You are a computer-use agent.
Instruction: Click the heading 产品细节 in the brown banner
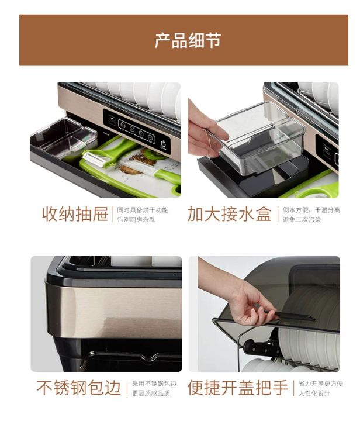(x=188, y=40)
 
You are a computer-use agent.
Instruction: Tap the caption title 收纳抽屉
(x=75, y=214)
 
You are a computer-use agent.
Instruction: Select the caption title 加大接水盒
(x=229, y=214)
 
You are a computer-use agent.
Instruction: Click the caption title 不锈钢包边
(x=78, y=388)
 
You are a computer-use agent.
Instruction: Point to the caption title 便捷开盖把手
(x=238, y=388)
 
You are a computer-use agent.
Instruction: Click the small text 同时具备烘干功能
(x=143, y=210)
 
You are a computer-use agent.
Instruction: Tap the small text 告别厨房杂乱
(x=136, y=219)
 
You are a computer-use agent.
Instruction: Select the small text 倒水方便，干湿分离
(x=311, y=210)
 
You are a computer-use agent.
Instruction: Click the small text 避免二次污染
(x=302, y=219)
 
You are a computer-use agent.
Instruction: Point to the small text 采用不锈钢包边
(x=154, y=384)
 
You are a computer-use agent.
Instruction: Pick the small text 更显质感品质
(x=151, y=393)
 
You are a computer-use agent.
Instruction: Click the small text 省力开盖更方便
(x=321, y=384)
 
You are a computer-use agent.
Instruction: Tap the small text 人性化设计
(x=314, y=393)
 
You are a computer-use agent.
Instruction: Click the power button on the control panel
(x=163, y=143)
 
